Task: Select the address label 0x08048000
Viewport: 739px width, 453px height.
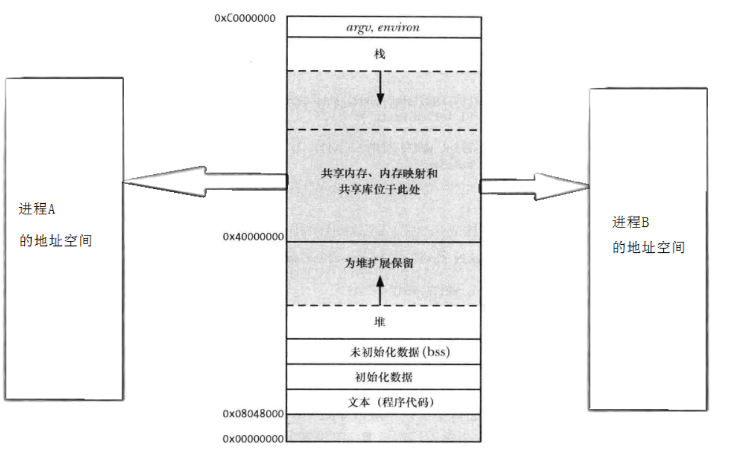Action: (253, 413)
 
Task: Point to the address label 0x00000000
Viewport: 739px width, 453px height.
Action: (253, 438)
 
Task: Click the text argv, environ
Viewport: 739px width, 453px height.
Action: (383, 27)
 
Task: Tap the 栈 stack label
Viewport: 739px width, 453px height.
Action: (380, 55)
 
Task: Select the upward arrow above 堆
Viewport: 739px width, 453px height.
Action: (380, 289)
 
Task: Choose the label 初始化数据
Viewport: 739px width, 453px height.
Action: (383, 377)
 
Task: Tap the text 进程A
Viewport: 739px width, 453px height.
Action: (37, 209)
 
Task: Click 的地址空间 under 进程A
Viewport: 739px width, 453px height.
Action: (56, 240)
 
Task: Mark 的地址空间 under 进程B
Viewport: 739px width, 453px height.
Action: (649, 248)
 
